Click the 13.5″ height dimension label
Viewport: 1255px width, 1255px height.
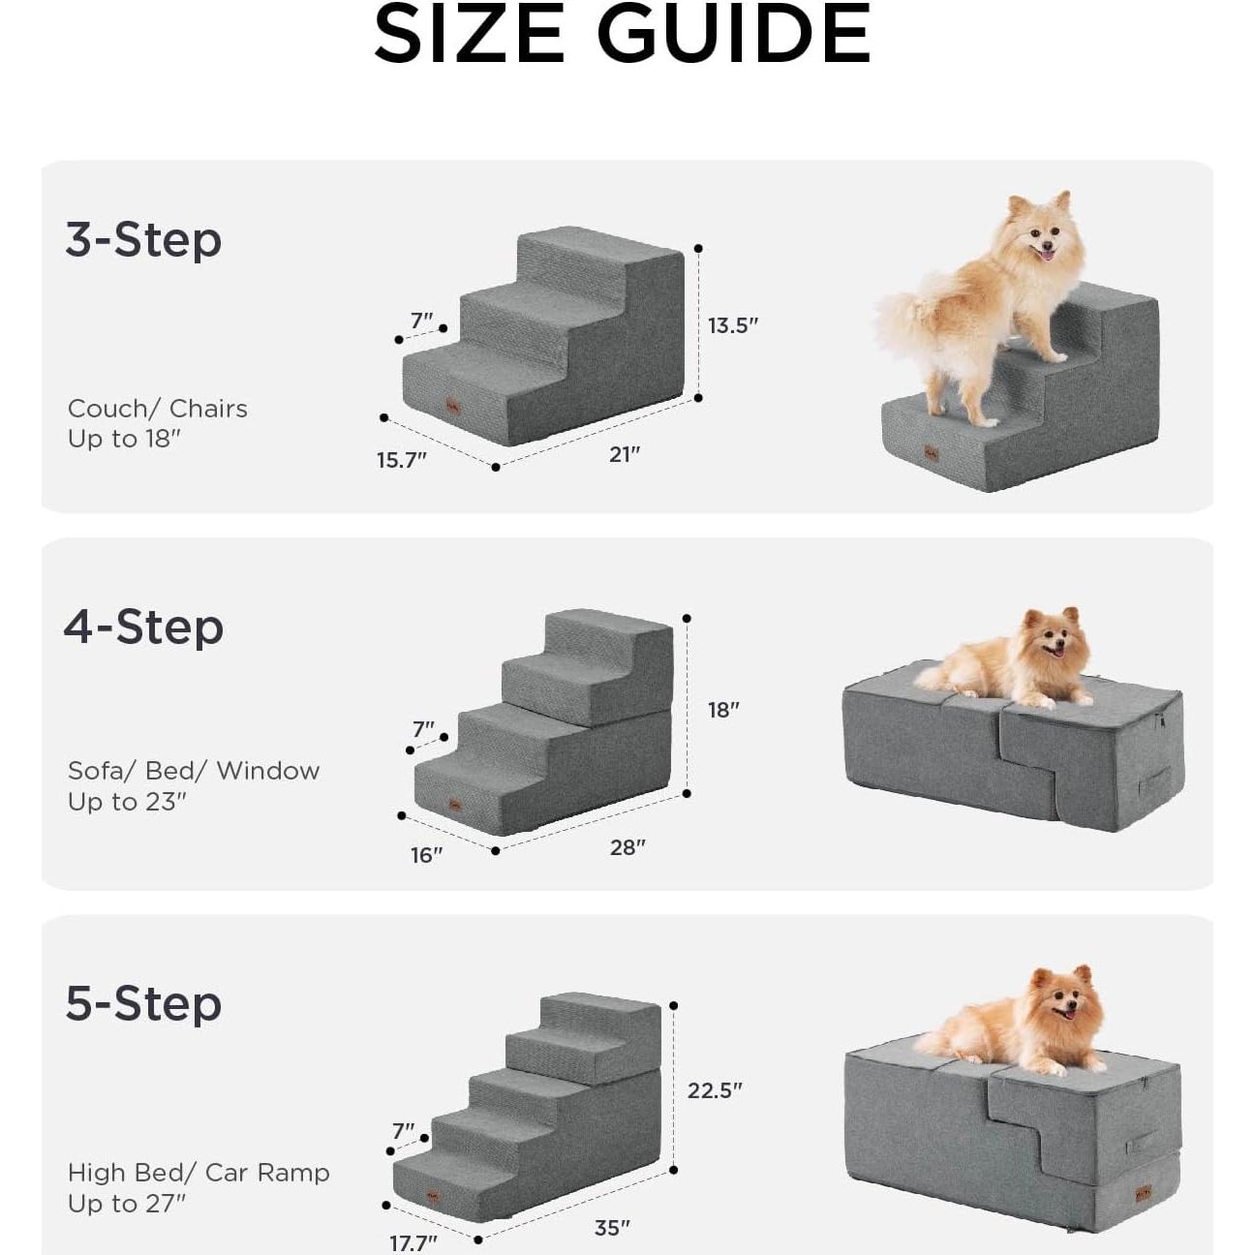(732, 325)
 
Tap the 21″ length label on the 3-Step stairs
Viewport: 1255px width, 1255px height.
(625, 454)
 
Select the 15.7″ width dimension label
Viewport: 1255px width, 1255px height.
(402, 460)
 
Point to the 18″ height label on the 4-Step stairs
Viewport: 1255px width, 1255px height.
(723, 710)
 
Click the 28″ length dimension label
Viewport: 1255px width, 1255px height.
(627, 847)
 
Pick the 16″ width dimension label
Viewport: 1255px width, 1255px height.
(426, 855)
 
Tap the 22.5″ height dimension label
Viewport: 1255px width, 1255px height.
(715, 1090)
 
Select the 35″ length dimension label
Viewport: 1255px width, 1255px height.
(612, 1228)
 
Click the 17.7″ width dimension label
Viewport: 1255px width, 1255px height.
(413, 1242)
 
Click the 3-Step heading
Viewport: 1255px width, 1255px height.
(143, 239)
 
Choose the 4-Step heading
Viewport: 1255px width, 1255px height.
(143, 627)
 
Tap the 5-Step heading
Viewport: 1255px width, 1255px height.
(143, 1003)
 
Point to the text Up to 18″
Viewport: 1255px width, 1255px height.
(124, 439)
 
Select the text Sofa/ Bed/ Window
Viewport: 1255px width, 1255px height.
(194, 771)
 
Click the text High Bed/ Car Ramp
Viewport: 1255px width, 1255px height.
(199, 1173)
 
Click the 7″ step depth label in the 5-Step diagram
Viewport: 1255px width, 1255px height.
(404, 1131)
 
